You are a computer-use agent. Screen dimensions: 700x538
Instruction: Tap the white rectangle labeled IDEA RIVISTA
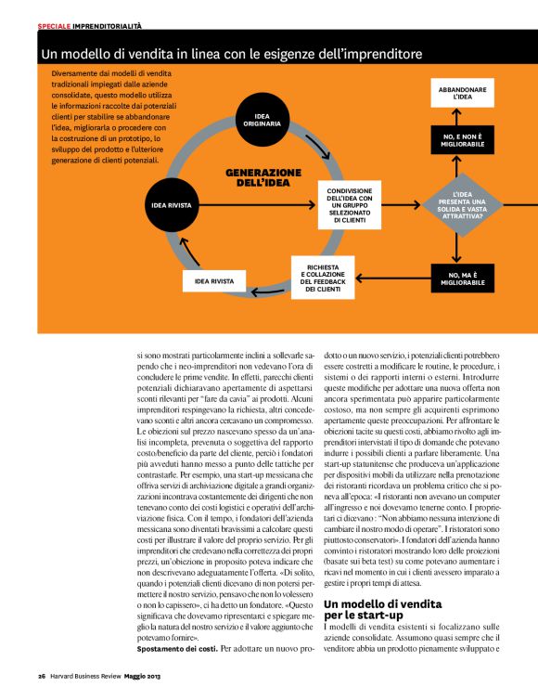[214, 279]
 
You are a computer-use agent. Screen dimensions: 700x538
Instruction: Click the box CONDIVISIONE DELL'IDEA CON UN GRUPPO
[349, 204]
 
